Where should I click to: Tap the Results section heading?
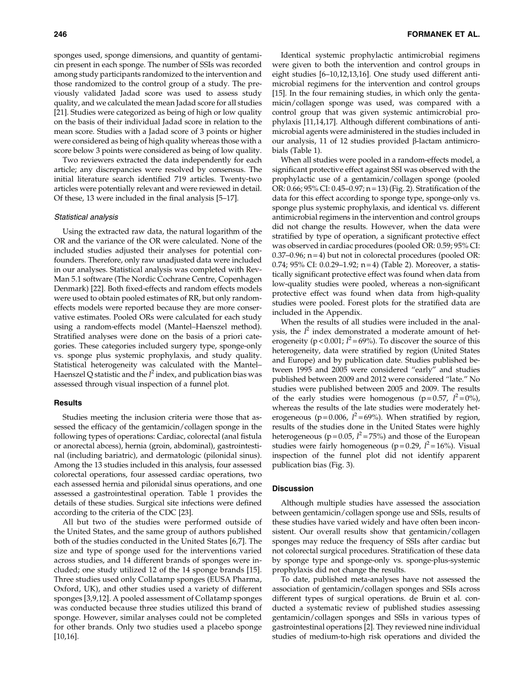(x=68, y=403)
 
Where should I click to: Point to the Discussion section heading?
(x=293, y=488)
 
